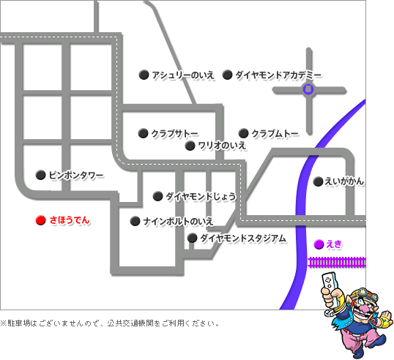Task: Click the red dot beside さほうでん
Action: click(40, 220)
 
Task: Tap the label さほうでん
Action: click(70, 220)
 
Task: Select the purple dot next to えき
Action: click(318, 244)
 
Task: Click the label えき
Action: click(334, 244)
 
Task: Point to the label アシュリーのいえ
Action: click(182, 75)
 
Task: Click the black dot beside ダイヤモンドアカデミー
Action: click(227, 75)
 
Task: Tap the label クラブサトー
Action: click(174, 133)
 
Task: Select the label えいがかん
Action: click(344, 181)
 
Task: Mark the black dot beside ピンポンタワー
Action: click(40, 175)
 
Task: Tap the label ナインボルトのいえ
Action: click(178, 221)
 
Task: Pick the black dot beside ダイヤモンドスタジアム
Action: click(192, 238)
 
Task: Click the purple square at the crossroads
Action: click(308, 90)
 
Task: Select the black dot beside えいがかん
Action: click(317, 181)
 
